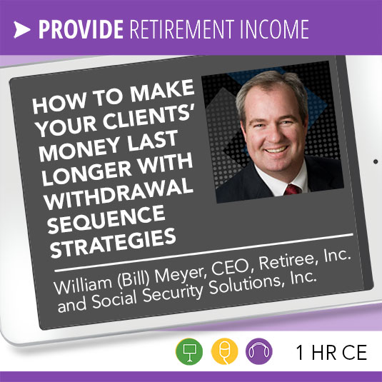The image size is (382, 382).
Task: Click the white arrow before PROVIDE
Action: [x=21, y=30]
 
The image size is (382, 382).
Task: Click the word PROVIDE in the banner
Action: [x=81, y=29]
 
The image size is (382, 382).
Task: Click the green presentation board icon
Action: [x=189, y=351]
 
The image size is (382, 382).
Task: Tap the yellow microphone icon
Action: [x=224, y=351]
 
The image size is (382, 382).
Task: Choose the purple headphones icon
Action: [x=259, y=351]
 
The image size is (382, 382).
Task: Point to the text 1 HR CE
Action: [x=331, y=352]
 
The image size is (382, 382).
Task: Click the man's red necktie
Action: [x=292, y=189]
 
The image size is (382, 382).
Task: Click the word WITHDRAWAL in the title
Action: [x=118, y=193]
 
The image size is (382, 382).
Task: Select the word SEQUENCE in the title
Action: [x=106, y=219]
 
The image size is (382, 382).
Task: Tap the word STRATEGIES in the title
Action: [x=113, y=243]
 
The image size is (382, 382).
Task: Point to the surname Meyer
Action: [x=181, y=274]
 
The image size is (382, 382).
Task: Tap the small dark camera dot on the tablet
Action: [x=376, y=161]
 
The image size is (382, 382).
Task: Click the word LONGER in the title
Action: [x=86, y=173]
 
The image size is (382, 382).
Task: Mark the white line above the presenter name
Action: [x=203, y=252]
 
